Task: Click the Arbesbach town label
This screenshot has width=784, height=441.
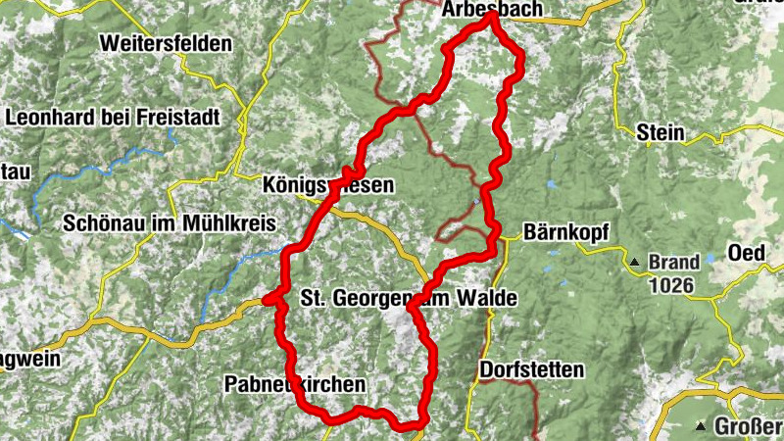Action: point(486,9)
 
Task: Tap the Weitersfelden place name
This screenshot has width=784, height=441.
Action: point(166,44)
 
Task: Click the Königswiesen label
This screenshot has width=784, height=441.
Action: point(328,184)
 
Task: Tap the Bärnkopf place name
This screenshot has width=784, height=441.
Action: point(566,233)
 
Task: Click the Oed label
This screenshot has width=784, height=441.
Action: point(746,253)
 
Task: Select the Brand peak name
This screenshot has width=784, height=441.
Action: point(674,263)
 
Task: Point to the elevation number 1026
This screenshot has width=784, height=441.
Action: point(670,286)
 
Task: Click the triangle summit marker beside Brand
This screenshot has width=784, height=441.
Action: point(635,263)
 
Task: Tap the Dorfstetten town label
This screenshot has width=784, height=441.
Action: point(532,370)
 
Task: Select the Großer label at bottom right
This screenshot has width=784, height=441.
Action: point(748,426)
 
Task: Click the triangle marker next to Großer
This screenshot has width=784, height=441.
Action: point(702,426)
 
